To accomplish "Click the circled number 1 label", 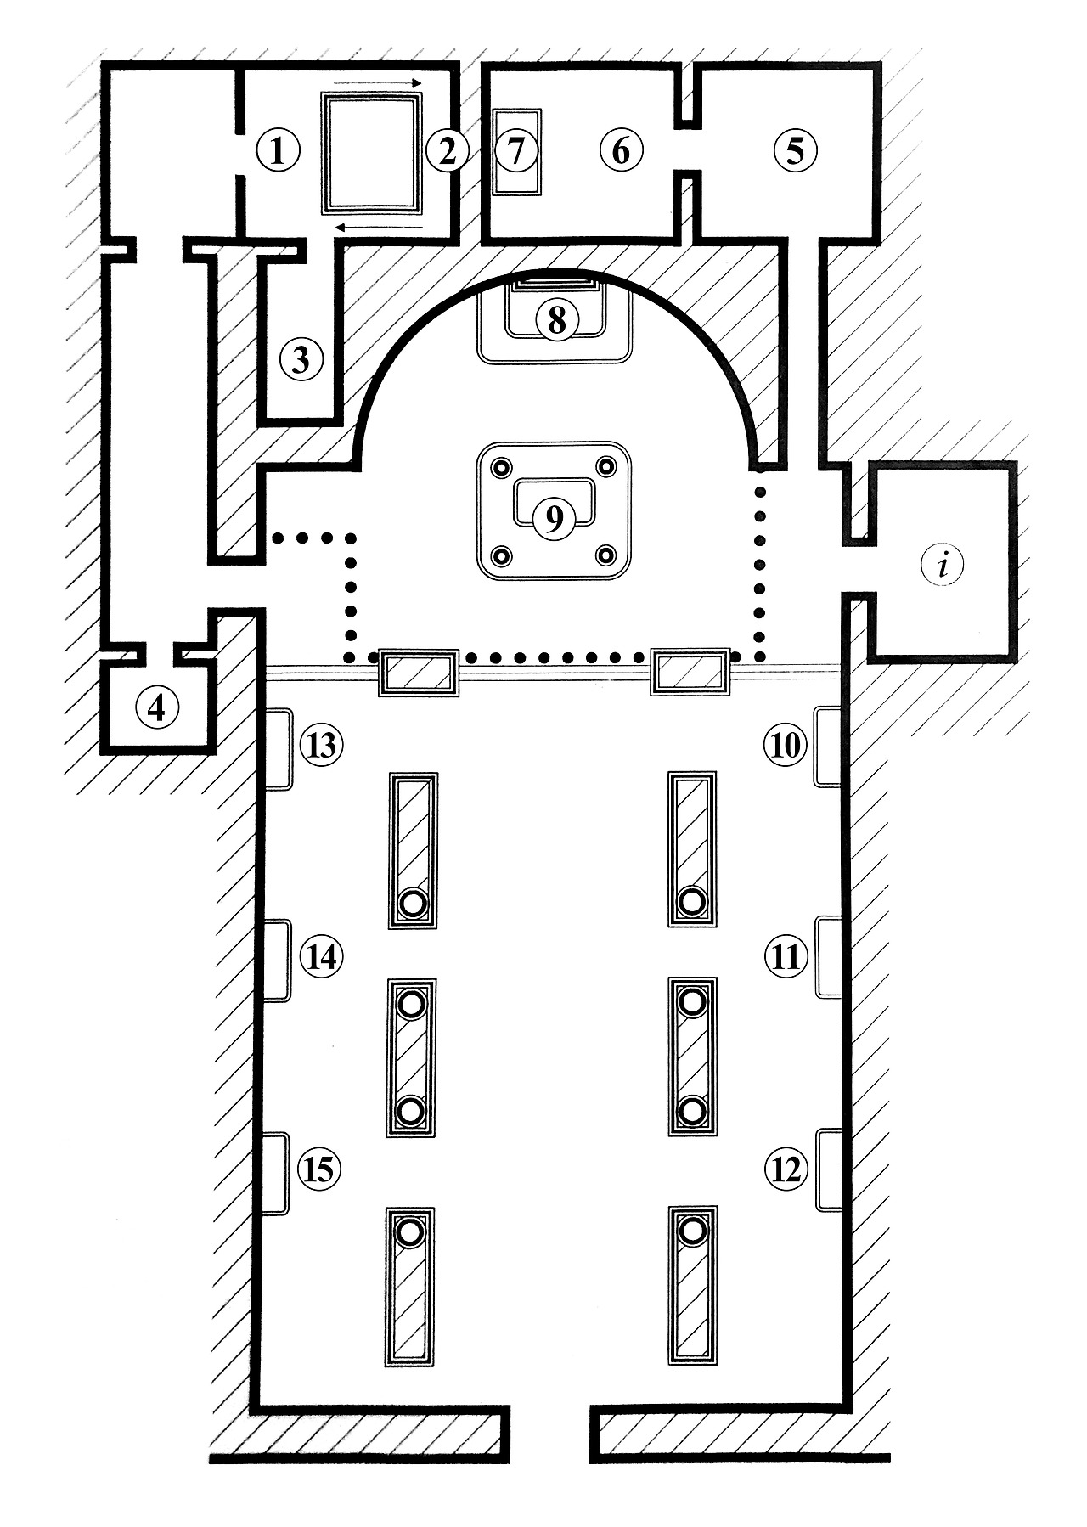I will click(x=278, y=152).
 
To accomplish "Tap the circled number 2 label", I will click(x=447, y=152).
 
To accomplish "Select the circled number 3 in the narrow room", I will click(x=301, y=359).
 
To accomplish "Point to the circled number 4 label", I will click(x=157, y=707).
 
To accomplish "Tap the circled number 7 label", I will click(x=517, y=152).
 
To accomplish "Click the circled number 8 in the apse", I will click(x=556, y=320).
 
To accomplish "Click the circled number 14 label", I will click(x=321, y=957).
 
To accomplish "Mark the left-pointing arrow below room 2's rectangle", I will click(x=378, y=227).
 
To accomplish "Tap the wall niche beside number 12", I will click(x=828, y=1170).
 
